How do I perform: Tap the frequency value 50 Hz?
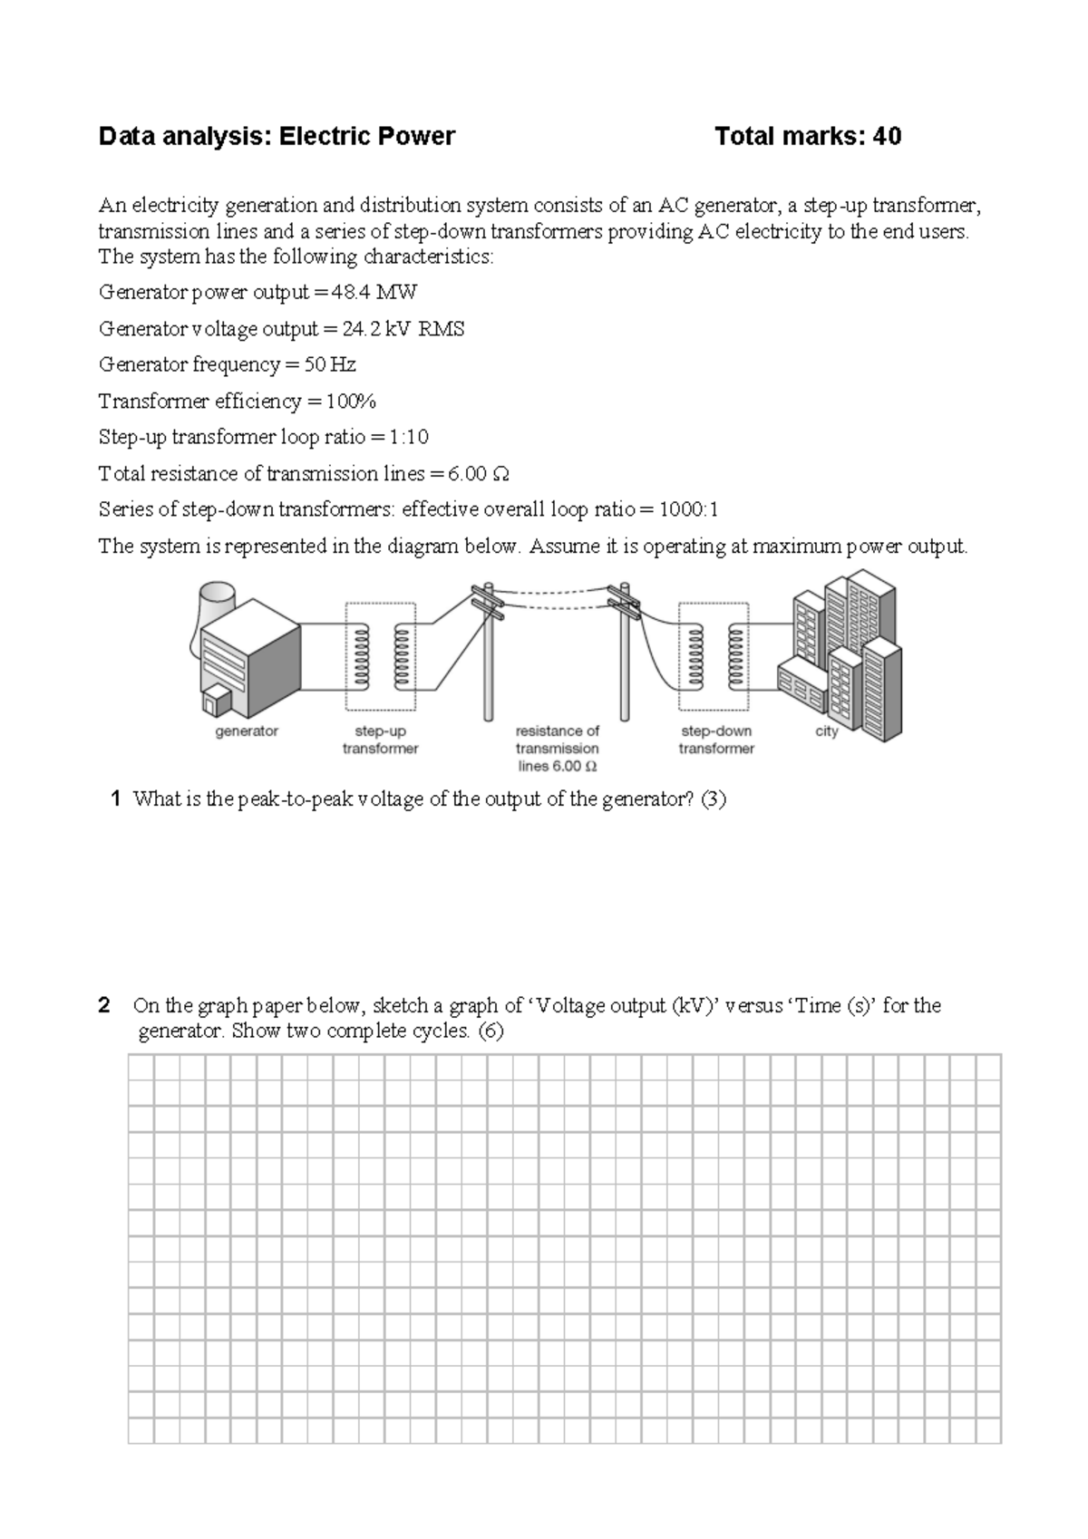tap(330, 365)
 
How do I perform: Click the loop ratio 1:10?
tap(408, 438)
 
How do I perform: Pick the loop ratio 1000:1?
tap(688, 509)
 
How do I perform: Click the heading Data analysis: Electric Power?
tap(277, 137)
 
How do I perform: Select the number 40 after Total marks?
tap(887, 137)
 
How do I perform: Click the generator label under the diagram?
tap(247, 731)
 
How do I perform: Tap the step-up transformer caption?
tap(380, 740)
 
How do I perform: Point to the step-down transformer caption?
tap(716, 740)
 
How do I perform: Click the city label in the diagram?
tap(826, 731)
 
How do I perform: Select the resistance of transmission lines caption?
tap(558, 749)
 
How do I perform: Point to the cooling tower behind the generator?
tap(216, 598)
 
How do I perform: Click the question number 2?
tap(105, 1005)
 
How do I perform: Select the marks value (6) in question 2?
tap(491, 1031)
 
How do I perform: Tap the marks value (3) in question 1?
tap(714, 799)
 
